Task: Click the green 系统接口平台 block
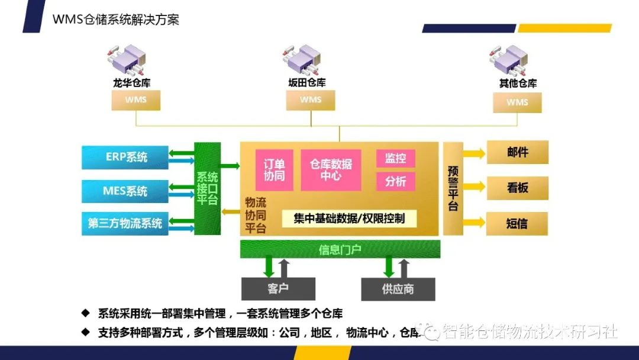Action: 207,188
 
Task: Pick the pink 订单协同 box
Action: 274,170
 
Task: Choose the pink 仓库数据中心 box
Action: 331,170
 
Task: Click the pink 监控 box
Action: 395,159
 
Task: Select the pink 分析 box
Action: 395,181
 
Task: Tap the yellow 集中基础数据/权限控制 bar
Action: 349,218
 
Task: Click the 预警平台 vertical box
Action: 453,188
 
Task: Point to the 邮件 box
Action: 517,152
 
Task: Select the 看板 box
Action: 517,188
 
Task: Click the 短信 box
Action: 517,224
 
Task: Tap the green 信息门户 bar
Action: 340,249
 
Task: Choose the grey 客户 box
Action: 278,289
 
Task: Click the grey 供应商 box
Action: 398,289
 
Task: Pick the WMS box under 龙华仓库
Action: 135,99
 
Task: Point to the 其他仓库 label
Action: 518,83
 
